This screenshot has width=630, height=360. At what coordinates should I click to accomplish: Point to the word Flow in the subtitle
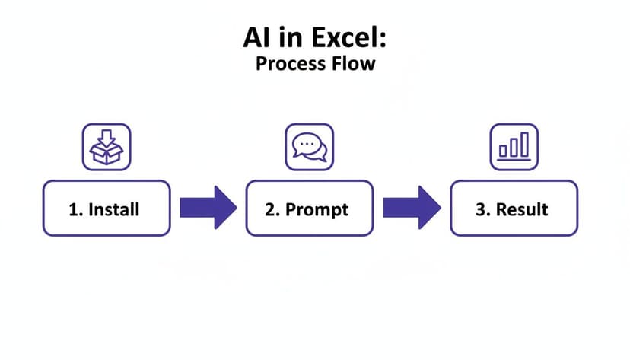click(354, 63)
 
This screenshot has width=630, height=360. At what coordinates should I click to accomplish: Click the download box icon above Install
click(106, 147)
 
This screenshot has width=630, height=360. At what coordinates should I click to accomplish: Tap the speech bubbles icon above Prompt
click(309, 147)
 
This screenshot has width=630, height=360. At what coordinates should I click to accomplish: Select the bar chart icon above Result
click(514, 147)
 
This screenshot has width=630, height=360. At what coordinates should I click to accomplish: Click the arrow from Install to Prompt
click(208, 207)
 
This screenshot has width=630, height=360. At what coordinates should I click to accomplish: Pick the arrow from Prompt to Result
click(412, 207)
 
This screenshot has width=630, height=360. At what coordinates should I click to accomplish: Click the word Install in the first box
click(114, 209)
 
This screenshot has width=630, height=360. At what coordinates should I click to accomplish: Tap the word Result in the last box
click(522, 209)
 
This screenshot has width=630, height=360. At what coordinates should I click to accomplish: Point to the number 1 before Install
click(74, 209)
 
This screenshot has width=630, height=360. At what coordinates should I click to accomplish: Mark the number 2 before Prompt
click(270, 209)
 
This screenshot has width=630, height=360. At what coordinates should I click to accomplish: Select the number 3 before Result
click(480, 209)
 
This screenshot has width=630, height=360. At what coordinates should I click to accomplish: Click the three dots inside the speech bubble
click(307, 142)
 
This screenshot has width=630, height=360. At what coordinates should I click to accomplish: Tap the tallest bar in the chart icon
click(523, 145)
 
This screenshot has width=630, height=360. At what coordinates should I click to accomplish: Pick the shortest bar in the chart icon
click(503, 151)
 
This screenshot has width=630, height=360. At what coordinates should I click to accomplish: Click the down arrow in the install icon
click(106, 138)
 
